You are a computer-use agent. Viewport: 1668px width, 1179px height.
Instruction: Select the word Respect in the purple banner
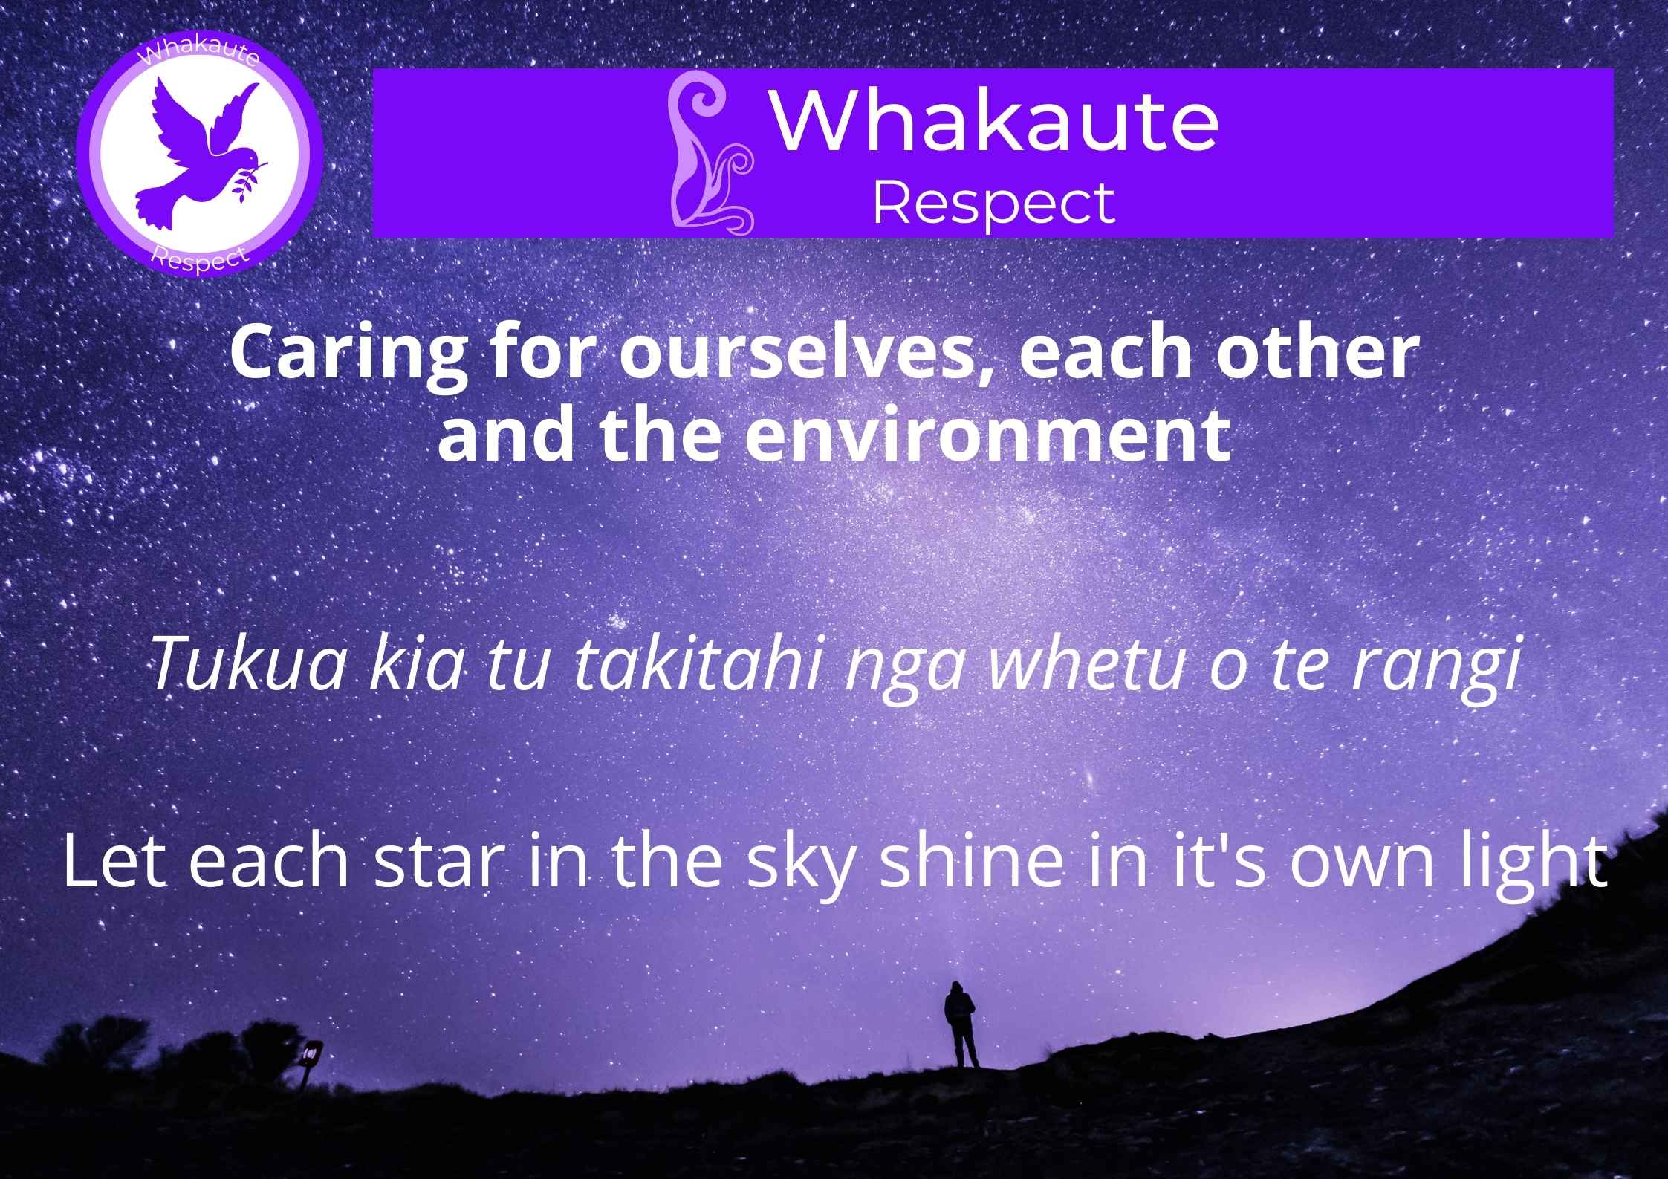(x=993, y=203)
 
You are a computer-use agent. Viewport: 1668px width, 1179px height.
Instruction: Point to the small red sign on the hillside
(x=311, y=1053)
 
